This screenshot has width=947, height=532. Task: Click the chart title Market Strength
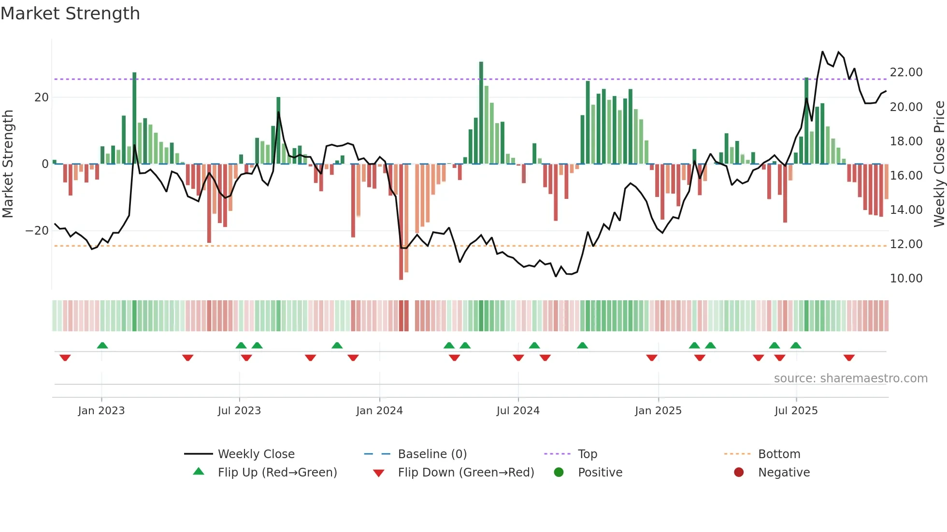[x=71, y=14]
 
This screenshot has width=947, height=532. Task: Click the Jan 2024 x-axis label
[x=379, y=411]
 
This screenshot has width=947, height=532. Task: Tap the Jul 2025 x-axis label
[x=796, y=411]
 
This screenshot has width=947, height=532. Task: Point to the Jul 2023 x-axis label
[x=239, y=411]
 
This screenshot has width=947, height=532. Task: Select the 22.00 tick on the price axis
[x=906, y=72]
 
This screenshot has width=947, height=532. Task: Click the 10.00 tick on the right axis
[x=906, y=279]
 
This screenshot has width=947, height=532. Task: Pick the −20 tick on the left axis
[x=37, y=231]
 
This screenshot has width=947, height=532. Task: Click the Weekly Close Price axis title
[x=939, y=164]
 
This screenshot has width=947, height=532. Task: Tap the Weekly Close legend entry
[x=256, y=454]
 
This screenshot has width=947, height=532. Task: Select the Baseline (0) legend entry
[x=432, y=454]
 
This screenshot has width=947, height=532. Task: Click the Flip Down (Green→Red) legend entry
[x=466, y=473]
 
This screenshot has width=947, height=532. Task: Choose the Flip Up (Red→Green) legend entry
[x=277, y=473]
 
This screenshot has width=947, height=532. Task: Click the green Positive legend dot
[x=559, y=473]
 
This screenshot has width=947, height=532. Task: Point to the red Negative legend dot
[x=739, y=473]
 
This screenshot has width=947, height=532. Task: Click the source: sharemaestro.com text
[x=850, y=378]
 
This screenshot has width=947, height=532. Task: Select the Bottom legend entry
[x=779, y=454]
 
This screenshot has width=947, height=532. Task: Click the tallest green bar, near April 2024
[x=481, y=111]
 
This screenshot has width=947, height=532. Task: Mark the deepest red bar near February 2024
[x=401, y=222]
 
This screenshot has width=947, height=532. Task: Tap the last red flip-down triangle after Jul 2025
[x=849, y=358]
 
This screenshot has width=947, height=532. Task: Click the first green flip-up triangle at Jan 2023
[x=102, y=345]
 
